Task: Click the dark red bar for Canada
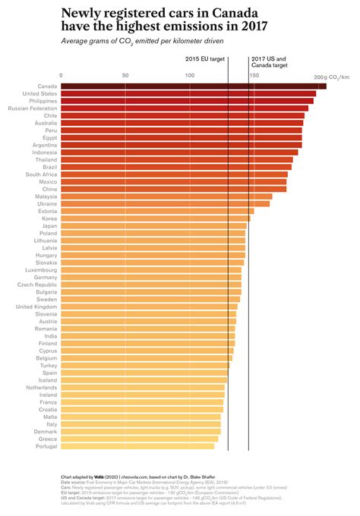tap(193, 86)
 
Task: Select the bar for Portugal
tap(137, 446)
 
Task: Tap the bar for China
tap(173, 189)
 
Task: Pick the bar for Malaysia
tap(166, 197)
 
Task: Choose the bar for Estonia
tap(157, 211)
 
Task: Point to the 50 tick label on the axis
tap(125, 76)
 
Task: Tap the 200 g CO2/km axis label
tap(331, 77)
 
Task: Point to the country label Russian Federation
tap(32, 109)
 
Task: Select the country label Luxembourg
tap(41, 270)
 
